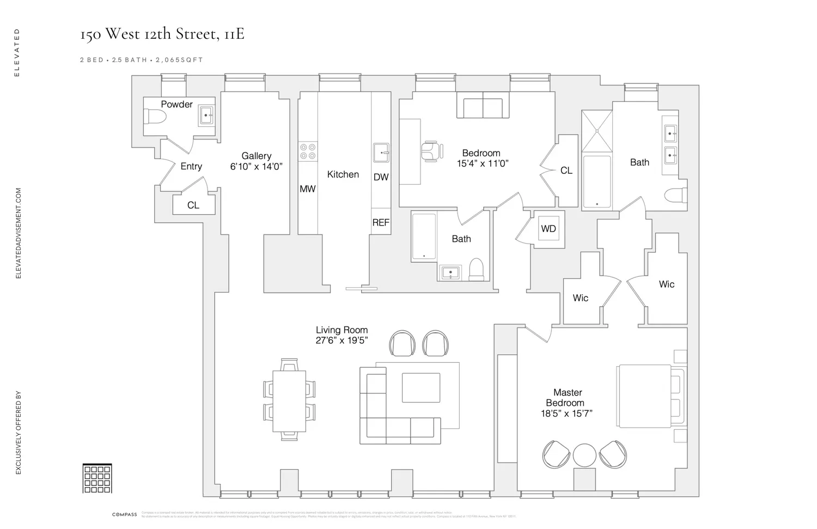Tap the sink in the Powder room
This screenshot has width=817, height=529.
click(206, 115)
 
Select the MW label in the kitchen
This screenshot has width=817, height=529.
click(308, 189)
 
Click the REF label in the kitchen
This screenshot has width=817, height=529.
click(381, 222)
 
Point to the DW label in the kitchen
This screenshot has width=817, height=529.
click(381, 177)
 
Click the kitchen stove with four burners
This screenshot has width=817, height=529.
click(308, 151)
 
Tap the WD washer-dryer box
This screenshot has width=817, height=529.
click(548, 229)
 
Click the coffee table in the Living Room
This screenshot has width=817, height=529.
click(421, 387)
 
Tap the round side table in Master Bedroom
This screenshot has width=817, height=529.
click(584, 454)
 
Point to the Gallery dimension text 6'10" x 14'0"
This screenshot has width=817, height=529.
click(256, 167)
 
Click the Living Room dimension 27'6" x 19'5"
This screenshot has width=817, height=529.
click(342, 340)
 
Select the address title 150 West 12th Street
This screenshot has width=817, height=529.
click(162, 34)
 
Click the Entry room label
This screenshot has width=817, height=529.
click(191, 166)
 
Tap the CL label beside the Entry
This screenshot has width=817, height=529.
click(193, 205)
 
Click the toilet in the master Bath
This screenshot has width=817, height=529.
click(678, 195)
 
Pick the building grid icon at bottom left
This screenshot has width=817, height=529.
click(97, 478)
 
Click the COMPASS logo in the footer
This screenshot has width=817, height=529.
click(125, 514)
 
